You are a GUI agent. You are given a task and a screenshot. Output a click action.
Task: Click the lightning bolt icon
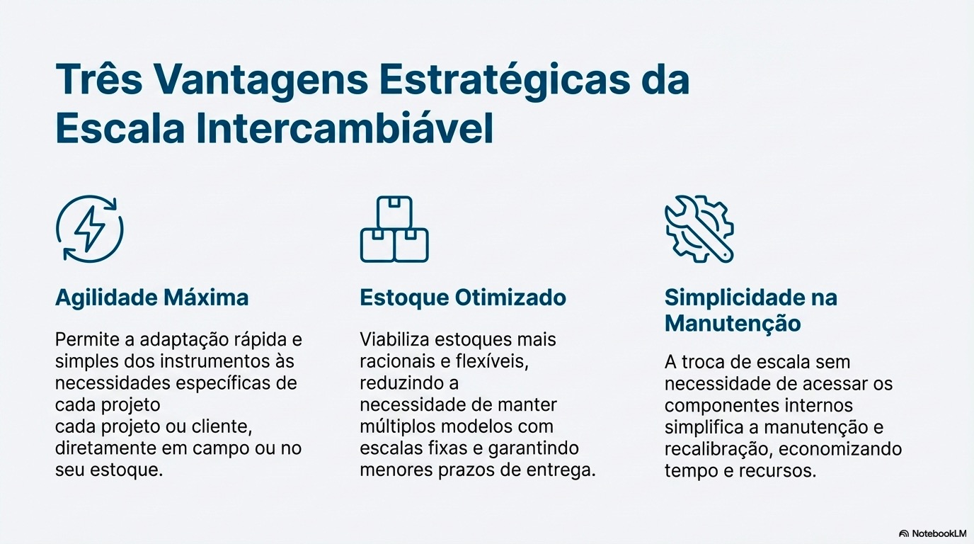90,229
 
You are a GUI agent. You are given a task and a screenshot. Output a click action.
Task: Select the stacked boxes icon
394,229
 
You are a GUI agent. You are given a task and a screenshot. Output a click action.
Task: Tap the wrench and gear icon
699,229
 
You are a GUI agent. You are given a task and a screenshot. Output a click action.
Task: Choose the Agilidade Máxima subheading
152,297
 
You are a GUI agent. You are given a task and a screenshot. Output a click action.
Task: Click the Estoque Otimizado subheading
463,297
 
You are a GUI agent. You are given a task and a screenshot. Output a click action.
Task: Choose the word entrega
563,470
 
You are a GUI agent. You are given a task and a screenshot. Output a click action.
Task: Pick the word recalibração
713,449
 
